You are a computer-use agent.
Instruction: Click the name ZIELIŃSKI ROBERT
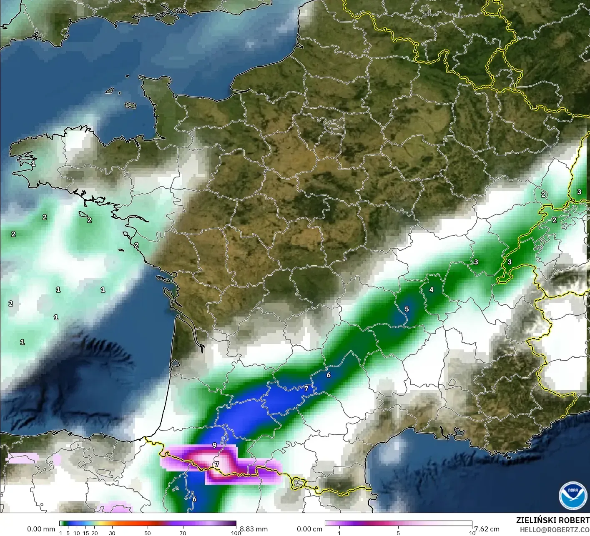click(552, 520)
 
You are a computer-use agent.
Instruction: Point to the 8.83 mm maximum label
click(254, 529)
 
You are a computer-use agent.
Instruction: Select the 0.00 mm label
click(41, 529)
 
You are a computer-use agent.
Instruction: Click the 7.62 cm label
click(487, 529)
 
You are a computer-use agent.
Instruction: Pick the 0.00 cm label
click(309, 529)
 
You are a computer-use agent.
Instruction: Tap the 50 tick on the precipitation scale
click(148, 533)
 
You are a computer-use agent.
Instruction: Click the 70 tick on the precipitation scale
click(183, 533)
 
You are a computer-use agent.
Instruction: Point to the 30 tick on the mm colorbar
click(112, 533)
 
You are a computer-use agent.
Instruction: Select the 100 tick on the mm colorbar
click(236, 533)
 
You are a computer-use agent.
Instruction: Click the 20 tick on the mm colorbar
click(95, 533)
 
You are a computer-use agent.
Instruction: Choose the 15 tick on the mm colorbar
click(86, 533)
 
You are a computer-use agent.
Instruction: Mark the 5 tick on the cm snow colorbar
click(398, 533)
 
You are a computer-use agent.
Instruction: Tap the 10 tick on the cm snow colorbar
click(472, 533)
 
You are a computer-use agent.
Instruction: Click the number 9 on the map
click(214, 445)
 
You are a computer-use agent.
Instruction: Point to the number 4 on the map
click(432, 290)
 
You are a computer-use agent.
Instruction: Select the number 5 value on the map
click(407, 309)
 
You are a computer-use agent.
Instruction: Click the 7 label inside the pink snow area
click(216, 464)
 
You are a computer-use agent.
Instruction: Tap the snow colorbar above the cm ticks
click(398, 524)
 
